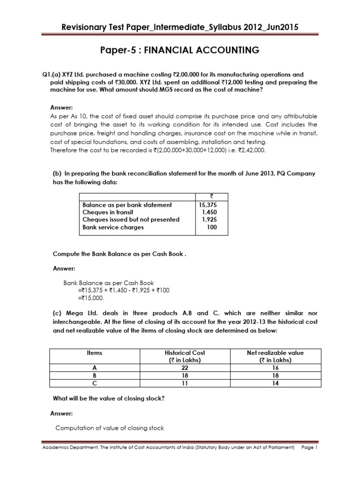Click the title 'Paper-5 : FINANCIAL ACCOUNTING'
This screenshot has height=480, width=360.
click(180, 50)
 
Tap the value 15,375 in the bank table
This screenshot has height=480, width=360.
click(209, 205)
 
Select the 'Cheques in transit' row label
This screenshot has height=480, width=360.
click(108, 212)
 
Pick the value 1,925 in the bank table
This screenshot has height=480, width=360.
click(210, 219)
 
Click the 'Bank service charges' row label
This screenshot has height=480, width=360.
click(113, 227)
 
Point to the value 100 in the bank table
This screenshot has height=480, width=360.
click(212, 227)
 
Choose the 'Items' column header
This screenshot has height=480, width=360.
click(95, 352)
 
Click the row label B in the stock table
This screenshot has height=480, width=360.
click(95, 375)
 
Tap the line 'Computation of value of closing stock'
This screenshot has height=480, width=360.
click(110, 427)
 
